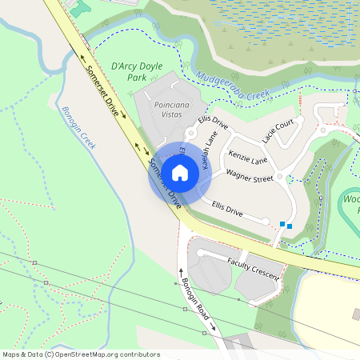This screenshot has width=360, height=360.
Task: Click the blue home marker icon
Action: point(180,172)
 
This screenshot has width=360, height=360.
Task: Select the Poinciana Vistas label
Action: point(160,109)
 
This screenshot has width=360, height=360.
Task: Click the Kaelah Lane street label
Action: point(210,149)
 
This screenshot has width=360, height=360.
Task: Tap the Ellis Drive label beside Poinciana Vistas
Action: point(214,124)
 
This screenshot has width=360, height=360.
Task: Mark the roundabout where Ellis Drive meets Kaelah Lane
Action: point(192,134)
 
